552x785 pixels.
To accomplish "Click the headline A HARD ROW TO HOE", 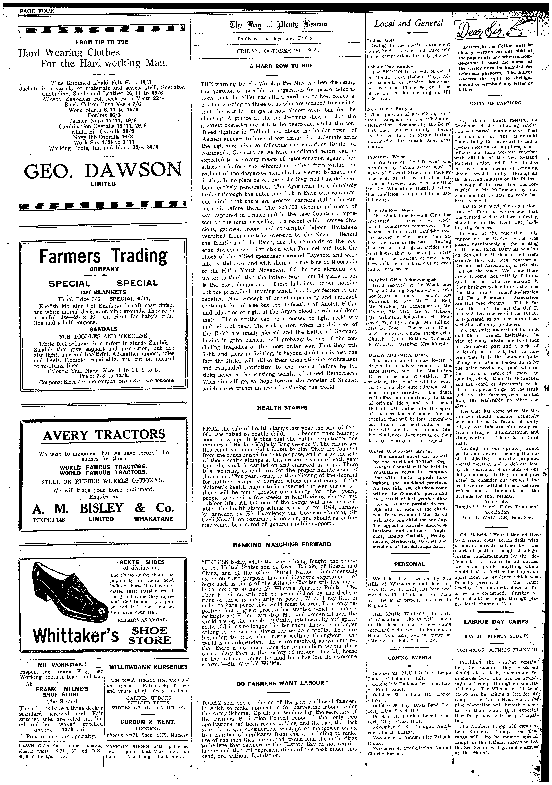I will coord(281,66).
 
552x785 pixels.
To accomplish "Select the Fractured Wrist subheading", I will coord(381,157).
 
